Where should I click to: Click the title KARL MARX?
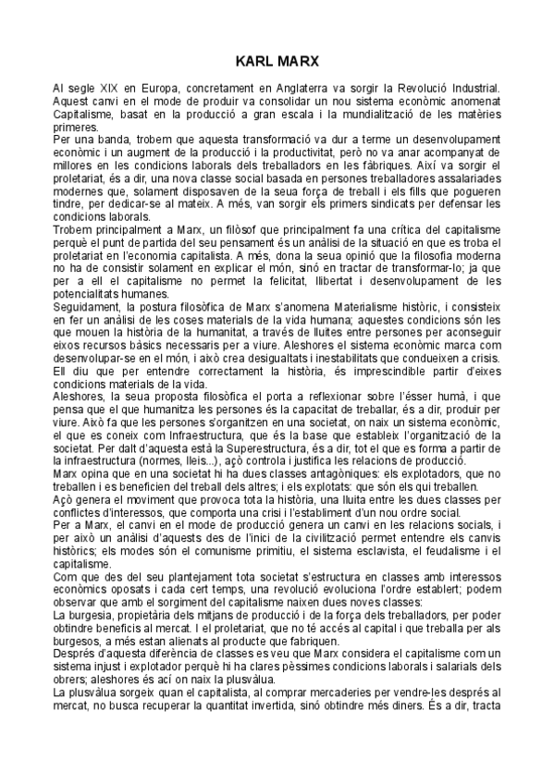tap(277, 62)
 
